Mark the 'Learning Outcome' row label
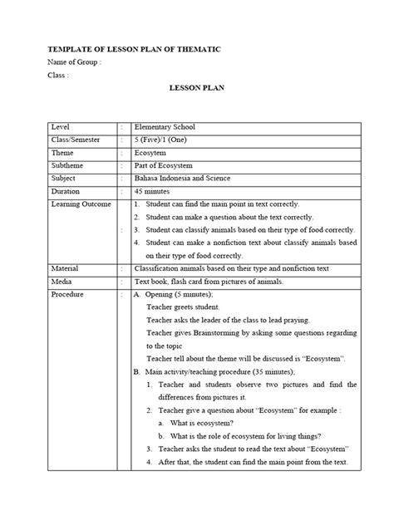(80, 204)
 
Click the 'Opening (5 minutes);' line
(179, 295)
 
